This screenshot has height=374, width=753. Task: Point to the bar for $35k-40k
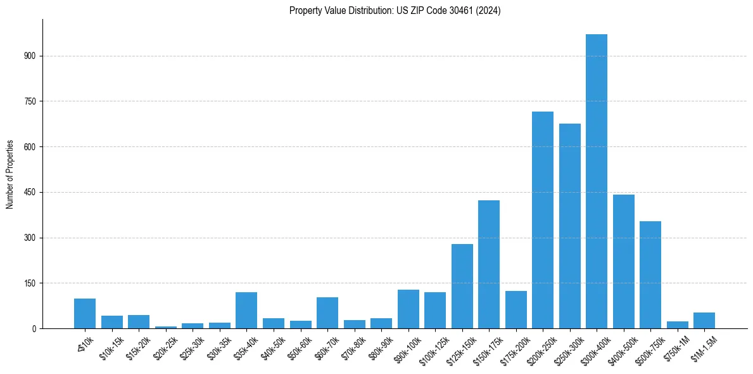point(246,310)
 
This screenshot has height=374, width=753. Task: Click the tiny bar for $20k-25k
point(166,327)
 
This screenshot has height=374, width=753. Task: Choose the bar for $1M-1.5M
point(704,321)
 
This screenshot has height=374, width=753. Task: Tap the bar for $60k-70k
point(327,313)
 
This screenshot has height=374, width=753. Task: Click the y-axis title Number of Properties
point(9,174)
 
